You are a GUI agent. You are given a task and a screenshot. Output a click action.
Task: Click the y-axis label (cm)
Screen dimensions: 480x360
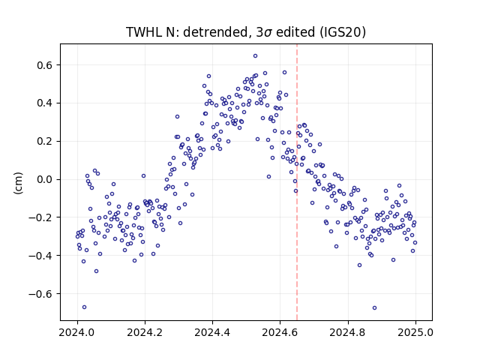tap(18, 183)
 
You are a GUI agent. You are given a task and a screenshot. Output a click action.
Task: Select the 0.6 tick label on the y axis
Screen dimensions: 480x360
tap(45, 65)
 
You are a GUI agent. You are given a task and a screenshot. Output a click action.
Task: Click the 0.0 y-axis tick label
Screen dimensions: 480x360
tap(45, 179)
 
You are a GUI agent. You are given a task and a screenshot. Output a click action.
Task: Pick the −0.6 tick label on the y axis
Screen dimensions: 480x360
tap(40, 294)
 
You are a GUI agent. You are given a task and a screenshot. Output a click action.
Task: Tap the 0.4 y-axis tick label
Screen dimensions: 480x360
tap(45, 103)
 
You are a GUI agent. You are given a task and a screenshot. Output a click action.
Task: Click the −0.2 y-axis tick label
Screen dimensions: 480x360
tap(40, 217)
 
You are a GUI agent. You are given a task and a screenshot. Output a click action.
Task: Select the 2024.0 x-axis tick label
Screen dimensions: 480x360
tap(77, 332)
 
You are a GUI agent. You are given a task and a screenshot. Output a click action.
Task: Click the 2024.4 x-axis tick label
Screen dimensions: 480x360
tap(212, 332)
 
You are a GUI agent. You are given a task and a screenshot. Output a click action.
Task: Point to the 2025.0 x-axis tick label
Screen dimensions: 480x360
tap(415, 332)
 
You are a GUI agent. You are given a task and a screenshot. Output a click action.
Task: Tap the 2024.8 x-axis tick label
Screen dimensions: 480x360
tap(348, 332)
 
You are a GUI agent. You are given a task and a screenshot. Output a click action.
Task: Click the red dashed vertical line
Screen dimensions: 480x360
tap(297, 182)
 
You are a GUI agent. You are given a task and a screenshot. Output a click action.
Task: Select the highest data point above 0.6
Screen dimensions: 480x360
tap(255, 56)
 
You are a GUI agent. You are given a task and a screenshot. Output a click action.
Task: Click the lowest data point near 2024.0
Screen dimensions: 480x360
tap(85, 307)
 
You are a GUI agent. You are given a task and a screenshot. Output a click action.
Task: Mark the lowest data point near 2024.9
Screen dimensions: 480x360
tap(374, 307)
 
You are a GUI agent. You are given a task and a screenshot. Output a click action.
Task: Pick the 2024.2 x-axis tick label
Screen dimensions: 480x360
tap(145, 332)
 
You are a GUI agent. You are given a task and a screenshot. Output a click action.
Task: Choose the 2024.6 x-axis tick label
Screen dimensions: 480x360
tap(280, 332)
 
